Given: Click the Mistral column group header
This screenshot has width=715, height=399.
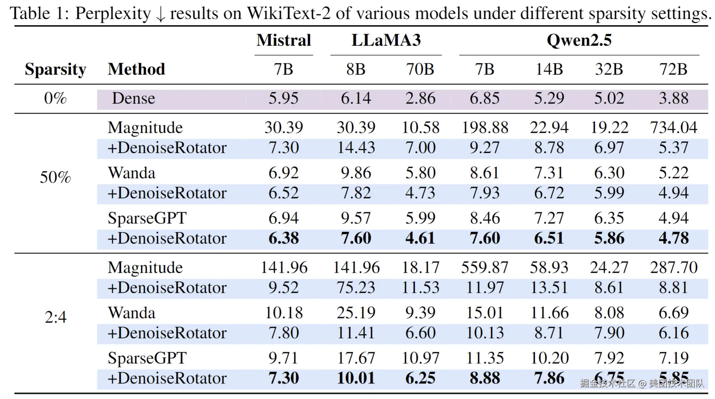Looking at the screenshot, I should [x=284, y=40].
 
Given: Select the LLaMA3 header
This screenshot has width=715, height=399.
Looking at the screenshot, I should [x=386, y=40].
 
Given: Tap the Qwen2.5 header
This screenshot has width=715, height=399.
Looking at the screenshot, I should [x=579, y=40].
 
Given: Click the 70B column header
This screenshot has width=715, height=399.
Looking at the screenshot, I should [x=420, y=69].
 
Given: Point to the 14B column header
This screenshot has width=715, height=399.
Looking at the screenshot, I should [x=549, y=69].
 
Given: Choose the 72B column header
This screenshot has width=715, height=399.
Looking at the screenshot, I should [x=673, y=69].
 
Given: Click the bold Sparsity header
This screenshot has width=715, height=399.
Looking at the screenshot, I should [x=55, y=69].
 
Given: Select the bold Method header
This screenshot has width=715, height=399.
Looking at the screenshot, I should [x=136, y=69].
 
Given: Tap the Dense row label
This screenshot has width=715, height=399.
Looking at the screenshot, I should [x=133, y=98].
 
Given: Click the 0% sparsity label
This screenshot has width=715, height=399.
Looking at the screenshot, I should [x=55, y=98].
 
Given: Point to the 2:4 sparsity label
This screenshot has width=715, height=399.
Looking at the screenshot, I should [x=55, y=317].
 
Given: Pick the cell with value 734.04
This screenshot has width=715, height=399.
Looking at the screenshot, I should [x=673, y=128].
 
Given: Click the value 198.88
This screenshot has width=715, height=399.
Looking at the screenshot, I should [x=485, y=128].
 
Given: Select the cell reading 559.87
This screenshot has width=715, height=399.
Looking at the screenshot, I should [x=485, y=268].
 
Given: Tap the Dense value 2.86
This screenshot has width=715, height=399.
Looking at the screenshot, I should [x=420, y=98].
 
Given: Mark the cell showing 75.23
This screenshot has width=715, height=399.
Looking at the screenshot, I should [x=356, y=288].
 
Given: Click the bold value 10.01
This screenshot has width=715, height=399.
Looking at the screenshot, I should [x=356, y=378].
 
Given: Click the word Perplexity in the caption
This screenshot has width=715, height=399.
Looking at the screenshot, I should [x=113, y=13].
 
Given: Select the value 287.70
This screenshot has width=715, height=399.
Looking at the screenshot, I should [x=673, y=268].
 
